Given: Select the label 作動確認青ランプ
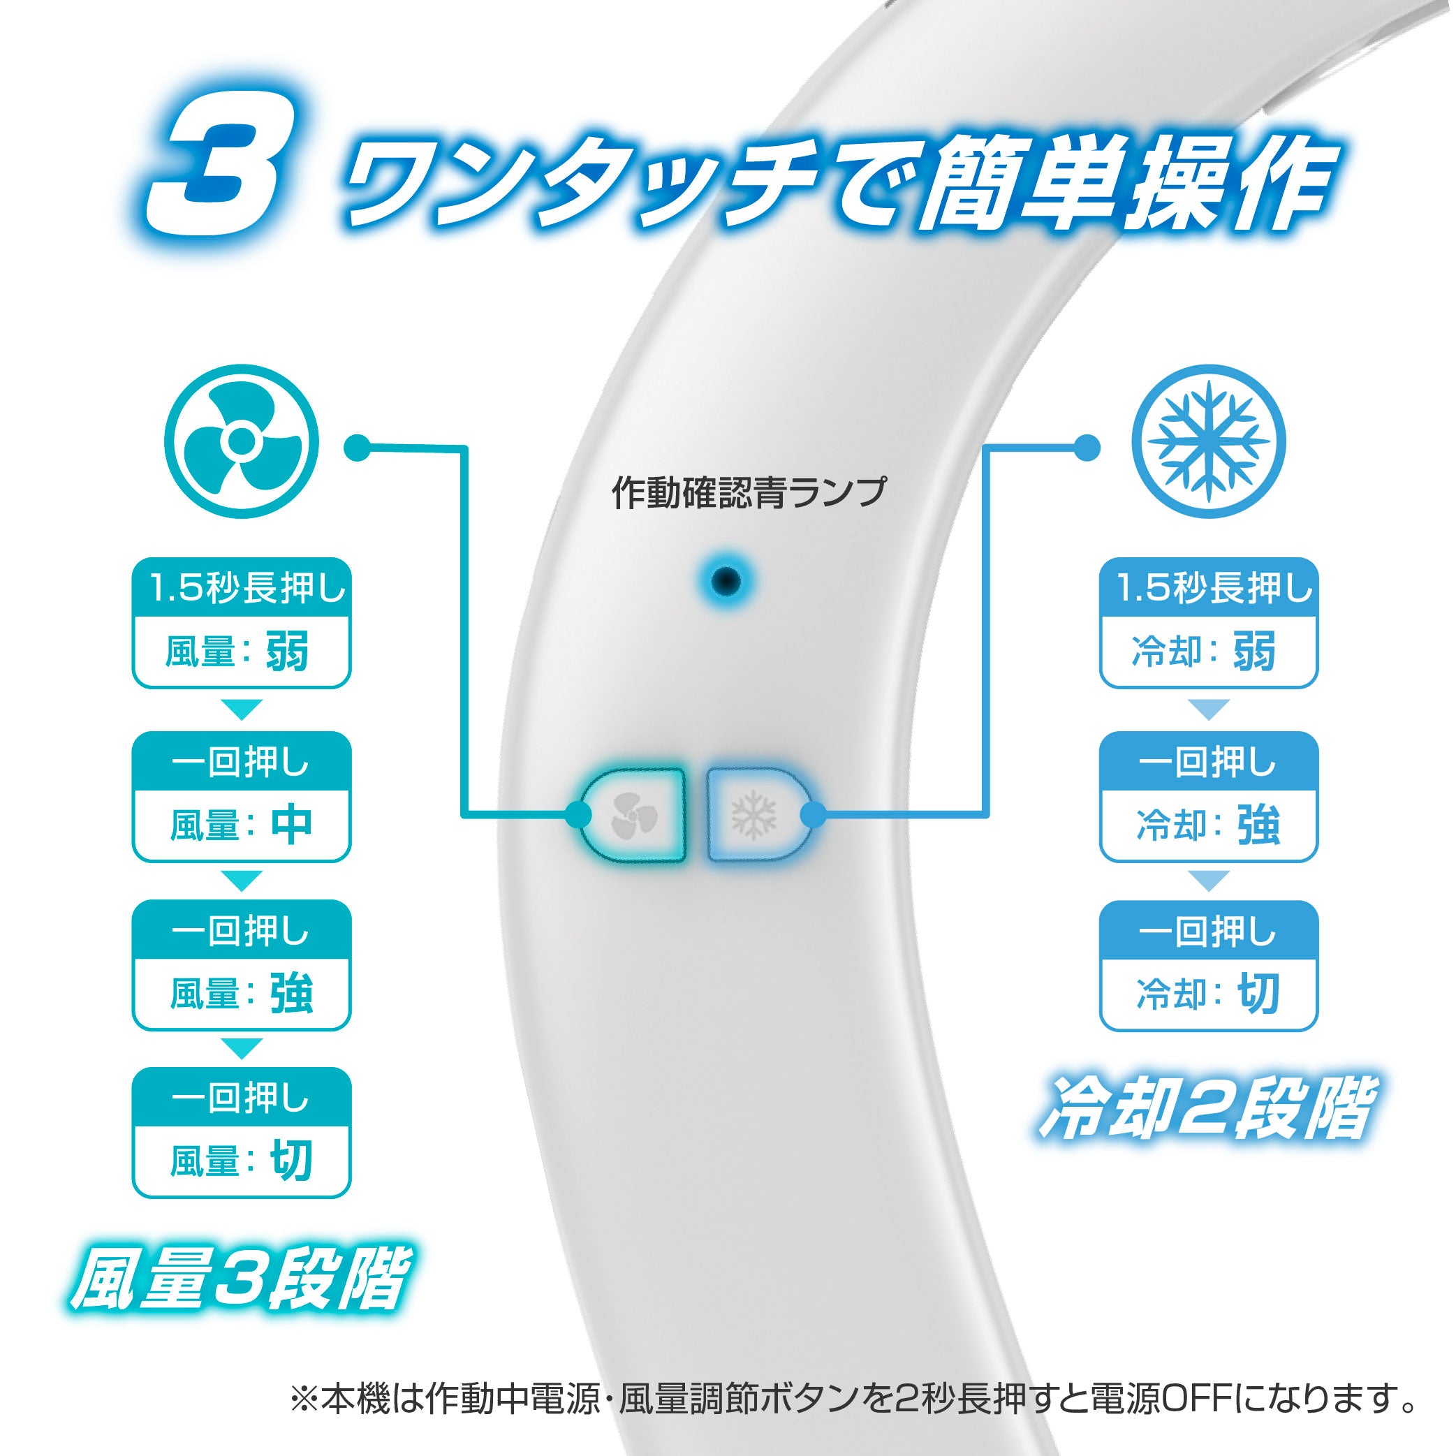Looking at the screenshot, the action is point(749,493).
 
